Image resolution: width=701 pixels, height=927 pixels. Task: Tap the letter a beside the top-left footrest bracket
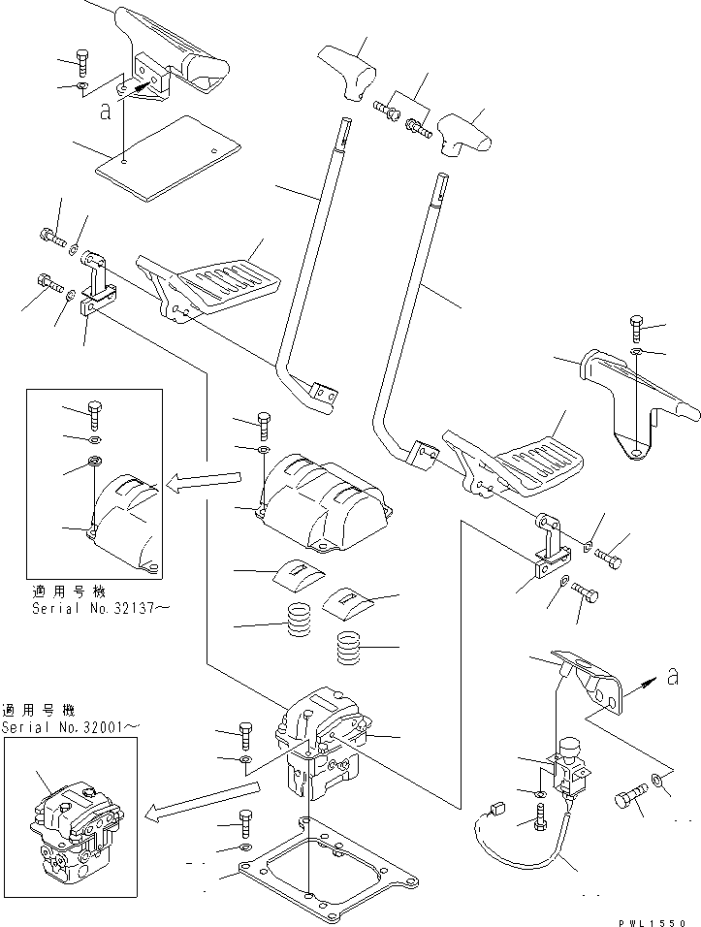[104, 111]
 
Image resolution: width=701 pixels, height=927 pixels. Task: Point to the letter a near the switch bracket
[673, 680]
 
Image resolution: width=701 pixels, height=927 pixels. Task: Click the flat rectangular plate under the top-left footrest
[167, 158]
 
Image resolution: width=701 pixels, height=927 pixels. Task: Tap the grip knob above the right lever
[461, 134]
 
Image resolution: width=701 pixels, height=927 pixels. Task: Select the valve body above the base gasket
[325, 747]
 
